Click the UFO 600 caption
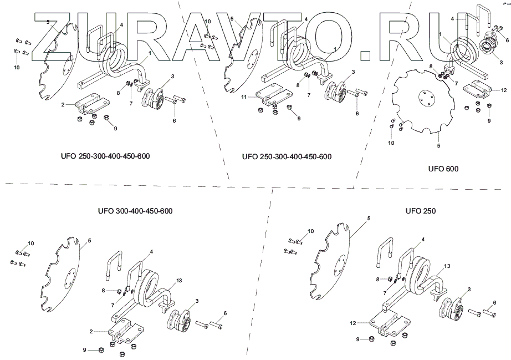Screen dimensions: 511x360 (443, 169)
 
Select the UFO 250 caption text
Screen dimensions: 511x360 (421, 211)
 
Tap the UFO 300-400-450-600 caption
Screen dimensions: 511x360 (135, 211)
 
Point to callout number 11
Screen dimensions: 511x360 (244, 97)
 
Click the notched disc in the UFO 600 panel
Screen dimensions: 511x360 (423, 102)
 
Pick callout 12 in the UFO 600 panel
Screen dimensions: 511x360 (504, 90)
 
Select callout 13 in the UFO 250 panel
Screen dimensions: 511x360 (447, 266)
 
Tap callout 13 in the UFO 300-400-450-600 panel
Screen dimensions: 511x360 (179, 281)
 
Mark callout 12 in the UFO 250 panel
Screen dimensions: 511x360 (352, 323)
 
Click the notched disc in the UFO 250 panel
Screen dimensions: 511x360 (329, 261)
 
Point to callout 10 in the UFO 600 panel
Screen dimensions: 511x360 (391, 143)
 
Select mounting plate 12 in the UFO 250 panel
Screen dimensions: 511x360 (390, 323)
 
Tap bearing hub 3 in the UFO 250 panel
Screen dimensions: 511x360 (452, 308)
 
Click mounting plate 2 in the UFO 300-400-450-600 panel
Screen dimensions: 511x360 (125, 331)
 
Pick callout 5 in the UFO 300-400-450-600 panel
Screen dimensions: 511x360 (89, 241)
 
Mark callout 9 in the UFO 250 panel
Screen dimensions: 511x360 (357, 339)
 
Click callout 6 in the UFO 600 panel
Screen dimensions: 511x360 (507, 40)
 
